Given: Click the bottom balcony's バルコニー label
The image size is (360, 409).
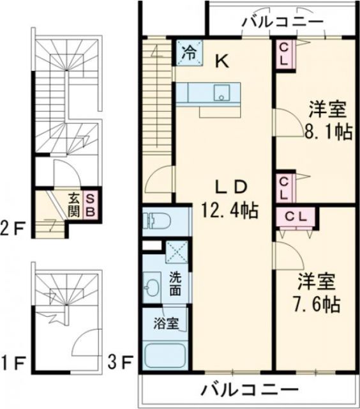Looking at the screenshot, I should coord(250,389).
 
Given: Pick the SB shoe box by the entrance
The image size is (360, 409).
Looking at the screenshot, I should coord(90,203).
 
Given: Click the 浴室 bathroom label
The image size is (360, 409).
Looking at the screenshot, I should coord(166,323).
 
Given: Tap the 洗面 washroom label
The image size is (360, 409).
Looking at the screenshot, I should coord(176,283).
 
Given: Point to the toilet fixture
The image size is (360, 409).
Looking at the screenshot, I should coord(157,221).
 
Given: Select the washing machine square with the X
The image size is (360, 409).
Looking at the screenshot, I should coord(176,252).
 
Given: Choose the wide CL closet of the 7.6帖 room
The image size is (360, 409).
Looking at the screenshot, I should coord(296,216).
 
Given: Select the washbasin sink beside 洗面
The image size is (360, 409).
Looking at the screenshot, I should coord(153,285).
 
